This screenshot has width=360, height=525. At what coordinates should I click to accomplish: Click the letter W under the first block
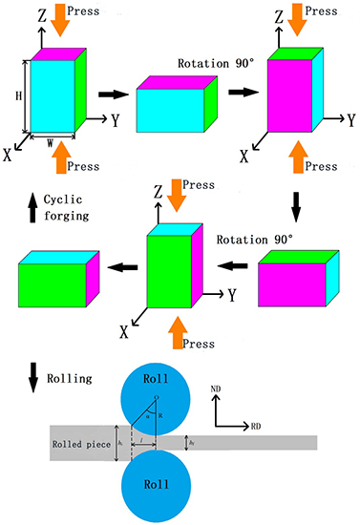(x=48, y=144)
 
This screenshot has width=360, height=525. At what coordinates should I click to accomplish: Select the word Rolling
(x=69, y=378)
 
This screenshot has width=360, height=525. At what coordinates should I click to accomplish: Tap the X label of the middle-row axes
(x=124, y=333)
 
